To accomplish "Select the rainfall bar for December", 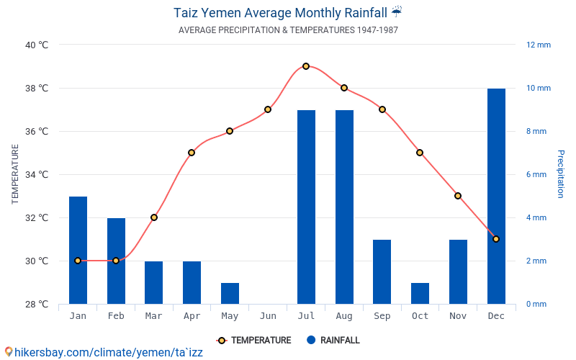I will pos(496,196).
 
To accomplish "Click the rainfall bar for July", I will pos(306,207).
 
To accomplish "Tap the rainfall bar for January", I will pos(78,250).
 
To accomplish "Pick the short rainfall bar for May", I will pos(230,293).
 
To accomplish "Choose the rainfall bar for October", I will pos(420,293).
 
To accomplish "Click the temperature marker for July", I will pos(306,66).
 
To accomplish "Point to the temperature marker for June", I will pos(268,109).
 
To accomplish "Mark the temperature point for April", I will pos(192,153).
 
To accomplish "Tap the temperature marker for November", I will pos(458,196).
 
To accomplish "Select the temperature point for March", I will pos(154,217).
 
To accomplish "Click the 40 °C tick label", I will pos(37,45).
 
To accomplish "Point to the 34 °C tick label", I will pos(37,174).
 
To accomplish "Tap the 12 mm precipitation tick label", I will pos(539,45).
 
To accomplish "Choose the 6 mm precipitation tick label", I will pos(536,174).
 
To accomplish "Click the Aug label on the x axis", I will pos(344,316).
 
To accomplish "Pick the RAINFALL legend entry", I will pos(333,341).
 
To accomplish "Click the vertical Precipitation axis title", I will pos(561,174).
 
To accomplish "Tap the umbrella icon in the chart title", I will pos(397,12).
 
